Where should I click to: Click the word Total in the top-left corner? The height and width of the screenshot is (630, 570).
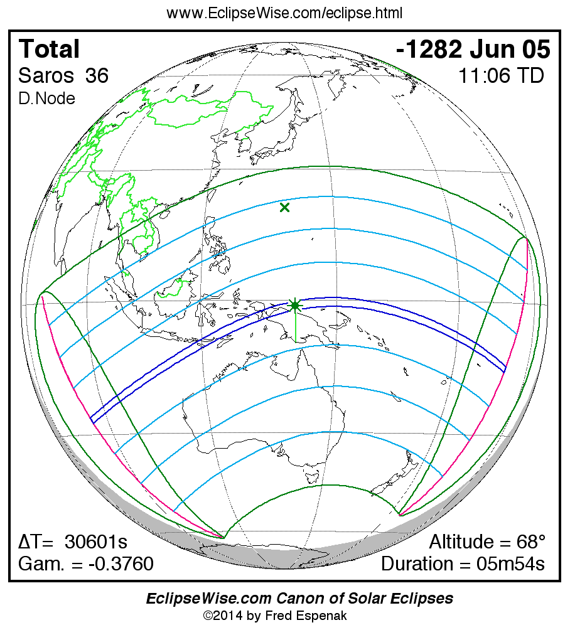click(50, 49)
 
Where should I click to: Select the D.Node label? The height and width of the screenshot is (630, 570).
click(47, 99)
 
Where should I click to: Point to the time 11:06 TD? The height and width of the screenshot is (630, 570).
click(501, 76)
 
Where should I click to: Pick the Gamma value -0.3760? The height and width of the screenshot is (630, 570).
click(121, 564)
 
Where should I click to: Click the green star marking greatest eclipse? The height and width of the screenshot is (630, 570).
click(295, 306)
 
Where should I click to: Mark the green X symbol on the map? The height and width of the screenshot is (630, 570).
click(285, 207)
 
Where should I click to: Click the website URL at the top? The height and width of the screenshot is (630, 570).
click(284, 13)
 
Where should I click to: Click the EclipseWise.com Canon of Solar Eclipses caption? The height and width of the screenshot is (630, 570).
click(299, 599)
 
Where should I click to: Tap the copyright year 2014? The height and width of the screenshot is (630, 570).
click(227, 616)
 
